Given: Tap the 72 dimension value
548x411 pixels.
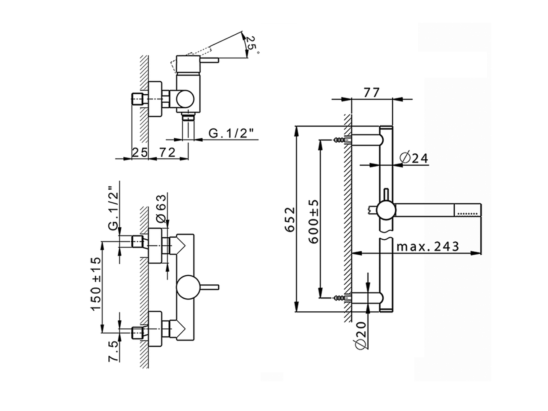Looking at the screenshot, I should click(x=167, y=152).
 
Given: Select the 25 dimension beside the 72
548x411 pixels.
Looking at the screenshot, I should click(x=139, y=152).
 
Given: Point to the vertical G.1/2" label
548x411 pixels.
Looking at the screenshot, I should click(x=113, y=207).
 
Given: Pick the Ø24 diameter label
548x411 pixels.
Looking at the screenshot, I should click(x=414, y=158).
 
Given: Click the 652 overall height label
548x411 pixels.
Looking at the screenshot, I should click(x=290, y=220).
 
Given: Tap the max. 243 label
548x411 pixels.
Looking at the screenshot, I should click(x=427, y=247).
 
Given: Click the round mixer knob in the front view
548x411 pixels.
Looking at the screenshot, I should click(x=188, y=286).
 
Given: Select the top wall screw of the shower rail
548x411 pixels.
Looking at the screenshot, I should click(x=340, y=139).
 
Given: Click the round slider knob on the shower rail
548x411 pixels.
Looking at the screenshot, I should click(x=385, y=210).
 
